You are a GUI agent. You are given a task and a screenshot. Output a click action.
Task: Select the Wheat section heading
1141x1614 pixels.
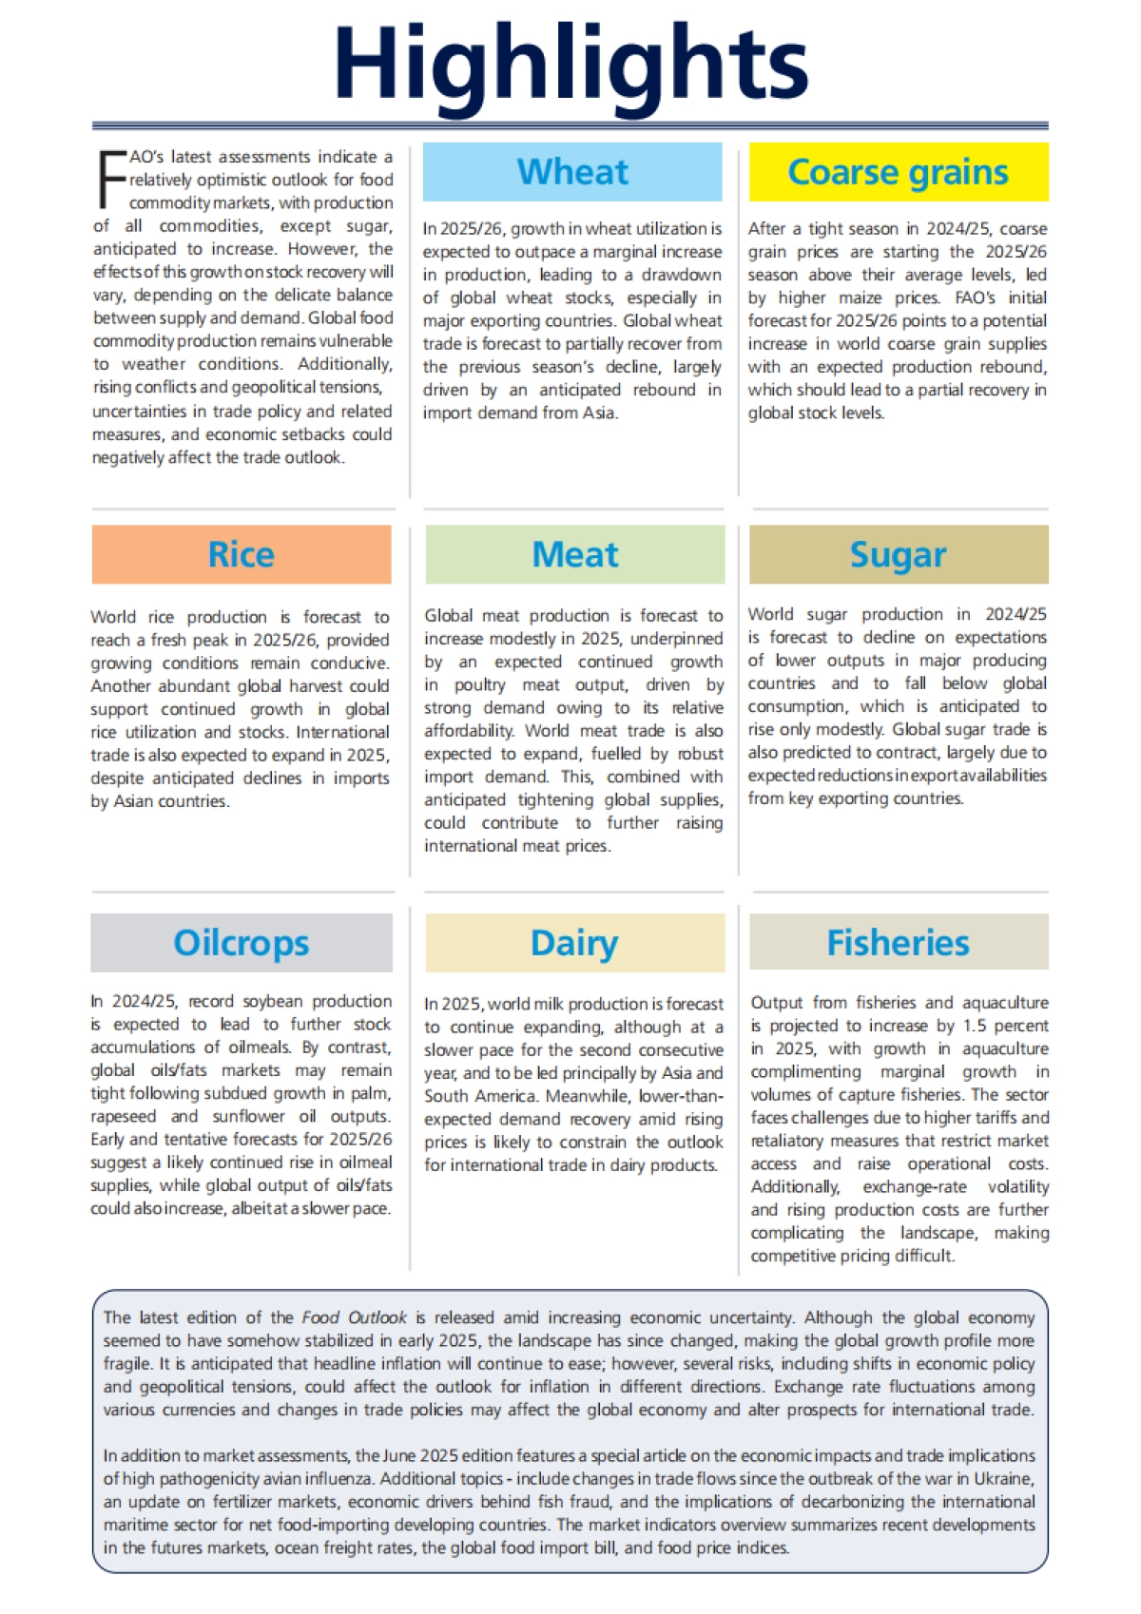[572, 172]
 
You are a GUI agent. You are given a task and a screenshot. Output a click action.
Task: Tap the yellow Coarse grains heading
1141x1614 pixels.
[898, 172]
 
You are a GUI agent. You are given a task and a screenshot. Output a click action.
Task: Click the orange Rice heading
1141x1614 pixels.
[242, 554]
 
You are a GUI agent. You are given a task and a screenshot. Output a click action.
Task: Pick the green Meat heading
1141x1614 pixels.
[574, 554]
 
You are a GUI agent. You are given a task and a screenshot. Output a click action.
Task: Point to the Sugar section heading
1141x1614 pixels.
[898, 554]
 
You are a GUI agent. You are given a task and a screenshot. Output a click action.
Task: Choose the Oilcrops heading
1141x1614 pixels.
[242, 943]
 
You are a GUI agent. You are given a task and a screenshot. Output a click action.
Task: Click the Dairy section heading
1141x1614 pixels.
[574, 943]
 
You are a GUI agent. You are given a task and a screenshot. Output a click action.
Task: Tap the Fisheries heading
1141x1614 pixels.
[898, 943]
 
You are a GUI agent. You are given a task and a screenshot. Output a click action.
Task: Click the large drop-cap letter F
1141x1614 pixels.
[110, 179]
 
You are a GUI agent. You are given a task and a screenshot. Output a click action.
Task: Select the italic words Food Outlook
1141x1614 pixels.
[354, 1317]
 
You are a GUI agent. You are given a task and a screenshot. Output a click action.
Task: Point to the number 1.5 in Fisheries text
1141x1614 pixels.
[975, 1026]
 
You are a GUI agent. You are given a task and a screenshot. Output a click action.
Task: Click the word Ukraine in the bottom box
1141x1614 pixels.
[1000, 1479]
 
